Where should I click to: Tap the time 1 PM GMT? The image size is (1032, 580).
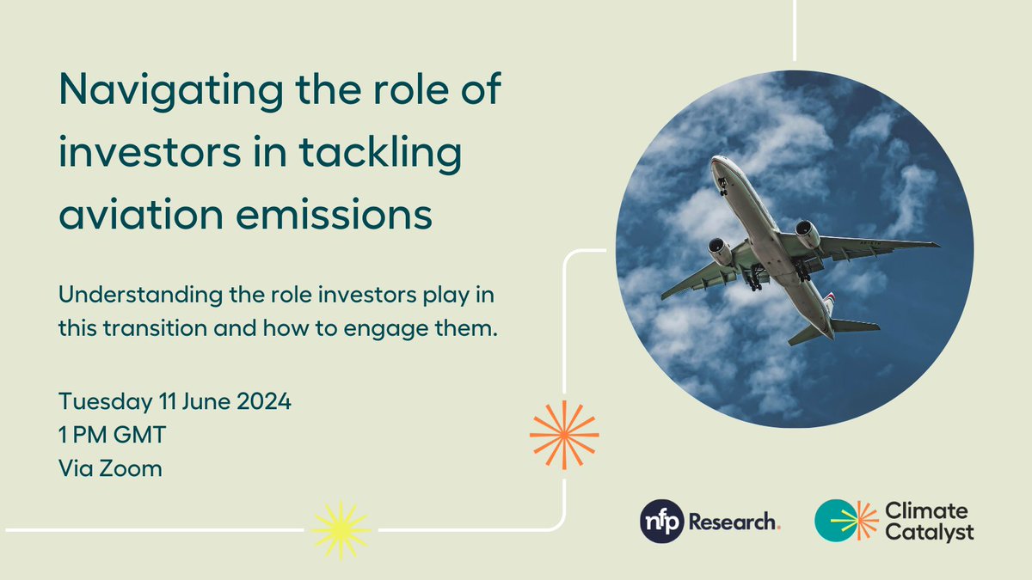click(x=112, y=435)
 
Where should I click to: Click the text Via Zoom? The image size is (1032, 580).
click(x=110, y=468)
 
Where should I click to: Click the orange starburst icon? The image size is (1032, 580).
click(x=563, y=433)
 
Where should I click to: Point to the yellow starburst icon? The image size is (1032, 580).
click(x=341, y=529)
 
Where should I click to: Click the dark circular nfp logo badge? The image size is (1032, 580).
click(x=661, y=522)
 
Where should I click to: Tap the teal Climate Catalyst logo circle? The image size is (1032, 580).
click(x=837, y=522)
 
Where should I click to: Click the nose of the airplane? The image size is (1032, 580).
click(x=717, y=162)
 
